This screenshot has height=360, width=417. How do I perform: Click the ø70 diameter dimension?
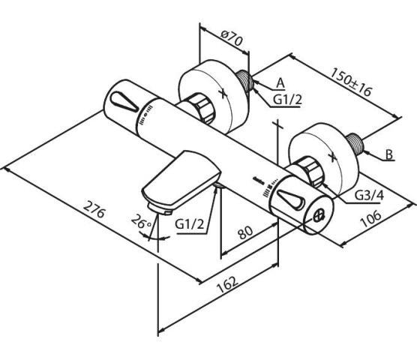pos(232,38)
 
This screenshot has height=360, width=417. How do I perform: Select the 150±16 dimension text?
pos(350,82)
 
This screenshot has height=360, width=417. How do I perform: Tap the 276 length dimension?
pos(94,209)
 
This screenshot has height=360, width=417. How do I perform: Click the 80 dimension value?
pos(245,232)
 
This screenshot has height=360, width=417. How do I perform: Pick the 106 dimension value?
pos(370,218)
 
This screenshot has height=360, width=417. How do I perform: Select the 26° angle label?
pos(141,221)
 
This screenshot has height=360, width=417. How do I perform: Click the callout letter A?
pos(280,83)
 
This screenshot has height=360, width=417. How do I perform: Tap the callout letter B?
pos(389,154)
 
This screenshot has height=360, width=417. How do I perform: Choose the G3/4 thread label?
pos(370,196)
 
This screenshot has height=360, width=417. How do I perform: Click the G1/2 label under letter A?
pos(288,100)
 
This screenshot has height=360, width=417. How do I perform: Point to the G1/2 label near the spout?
pos(190,225)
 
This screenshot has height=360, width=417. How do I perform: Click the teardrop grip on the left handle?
pos(124,102)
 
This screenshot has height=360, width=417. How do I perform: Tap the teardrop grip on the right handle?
pos(290,199)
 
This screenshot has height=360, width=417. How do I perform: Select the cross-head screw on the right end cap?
pos(319,216)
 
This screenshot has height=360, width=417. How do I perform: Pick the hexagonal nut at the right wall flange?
pos(311,171)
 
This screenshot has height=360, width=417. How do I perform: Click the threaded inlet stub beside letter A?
pos(246,81)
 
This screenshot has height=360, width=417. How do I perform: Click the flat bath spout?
pos(181,181)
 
